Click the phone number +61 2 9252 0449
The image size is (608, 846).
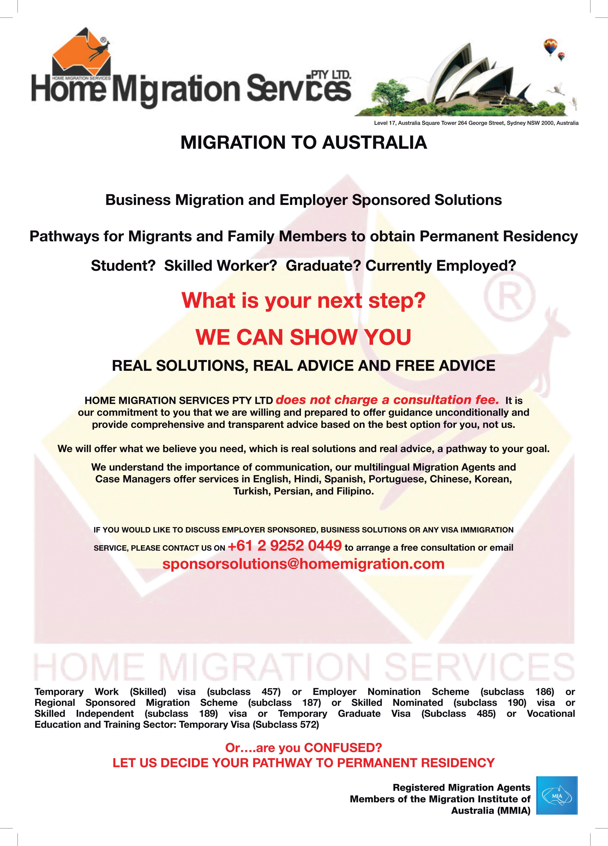[285, 546]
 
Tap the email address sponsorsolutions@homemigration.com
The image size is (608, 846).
[303, 564]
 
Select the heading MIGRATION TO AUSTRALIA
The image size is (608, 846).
[303, 143]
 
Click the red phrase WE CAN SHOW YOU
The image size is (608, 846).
[303, 337]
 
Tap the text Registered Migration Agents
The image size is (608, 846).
[461, 787]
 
